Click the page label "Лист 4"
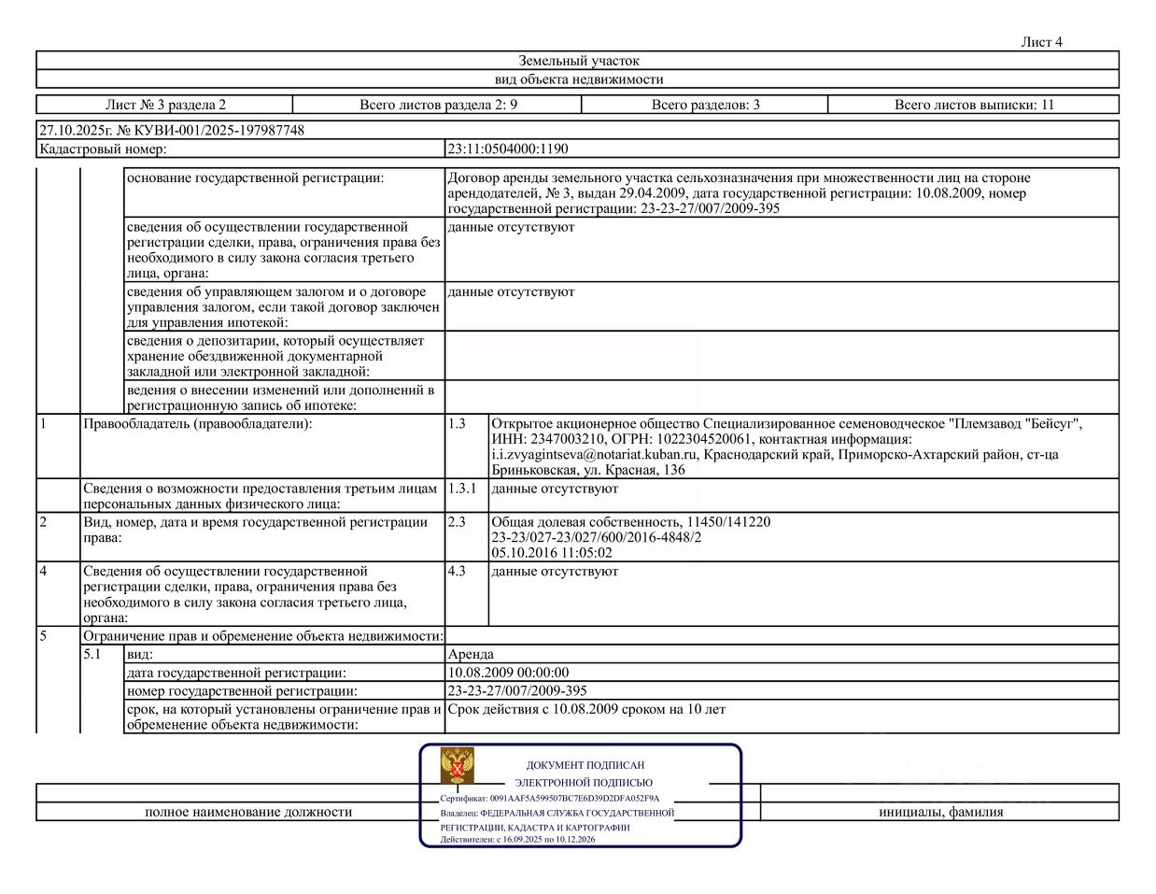pyautogui.click(x=1041, y=42)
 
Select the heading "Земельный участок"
pyautogui.click(x=579, y=61)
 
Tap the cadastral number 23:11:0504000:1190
pyautogui.click(x=508, y=149)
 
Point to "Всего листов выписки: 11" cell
pyautogui.click(x=973, y=105)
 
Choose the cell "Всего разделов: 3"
pyautogui.click(x=705, y=105)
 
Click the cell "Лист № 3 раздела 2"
pyautogui.click(x=165, y=105)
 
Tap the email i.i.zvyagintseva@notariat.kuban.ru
pyautogui.click(x=595, y=455)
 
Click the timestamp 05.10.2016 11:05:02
pyautogui.click(x=552, y=553)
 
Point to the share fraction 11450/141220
pyautogui.click(x=729, y=522)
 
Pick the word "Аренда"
pyautogui.click(x=471, y=655)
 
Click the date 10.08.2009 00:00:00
pyautogui.click(x=508, y=673)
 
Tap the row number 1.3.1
pyautogui.click(x=461, y=489)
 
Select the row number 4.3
pyautogui.click(x=456, y=571)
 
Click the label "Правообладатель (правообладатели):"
pyautogui.click(x=198, y=424)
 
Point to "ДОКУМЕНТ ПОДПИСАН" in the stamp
pyautogui.click(x=585, y=765)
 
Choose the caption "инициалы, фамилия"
pyautogui.click(x=940, y=812)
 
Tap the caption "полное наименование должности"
pyautogui.click(x=248, y=812)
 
